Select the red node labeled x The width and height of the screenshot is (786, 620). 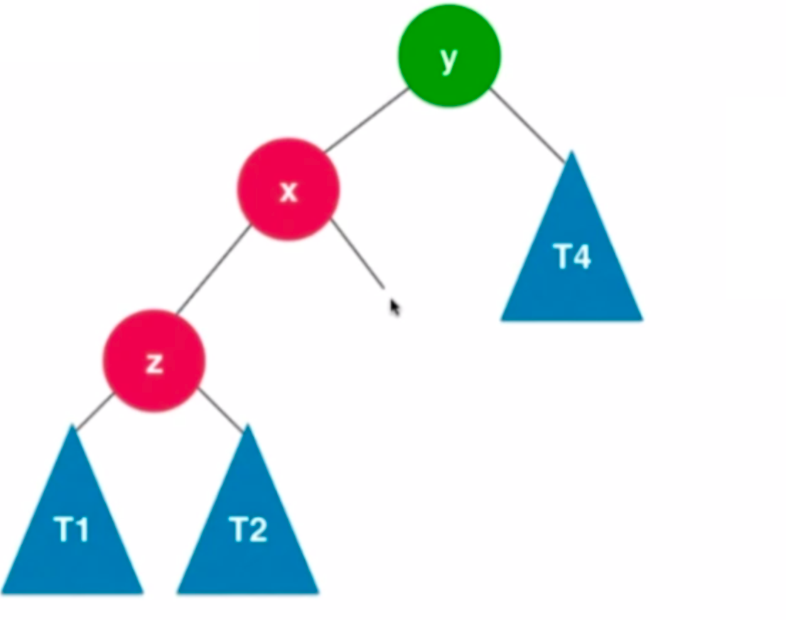pyautogui.click(x=288, y=189)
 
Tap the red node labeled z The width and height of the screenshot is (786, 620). pyautogui.click(x=154, y=360)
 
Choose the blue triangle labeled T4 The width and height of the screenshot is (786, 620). pyautogui.click(x=572, y=256)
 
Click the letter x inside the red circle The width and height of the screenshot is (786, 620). pyautogui.click(x=288, y=191)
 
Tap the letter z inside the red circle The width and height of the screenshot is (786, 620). pyautogui.click(x=154, y=363)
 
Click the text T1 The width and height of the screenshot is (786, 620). pyautogui.click(x=71, y=530)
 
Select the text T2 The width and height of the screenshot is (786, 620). pyautogui.click(x=248, y=530)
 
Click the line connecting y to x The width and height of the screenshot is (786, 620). pyautogui.click(x=366, y=120)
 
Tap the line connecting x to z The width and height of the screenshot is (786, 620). pyautogui.click(x=213, y=269)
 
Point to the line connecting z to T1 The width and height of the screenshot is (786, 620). pyautogui.click(x=94, y=412)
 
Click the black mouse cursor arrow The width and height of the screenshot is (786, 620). pyautogui.click(x=394, y=306)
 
